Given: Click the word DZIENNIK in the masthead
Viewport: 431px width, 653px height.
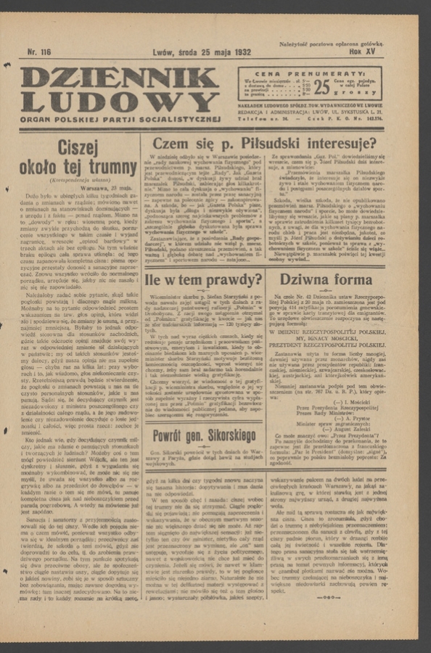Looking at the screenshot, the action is (x=120, y=78).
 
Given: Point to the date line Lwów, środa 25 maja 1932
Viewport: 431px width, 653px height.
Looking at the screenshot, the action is (x=201, y=53).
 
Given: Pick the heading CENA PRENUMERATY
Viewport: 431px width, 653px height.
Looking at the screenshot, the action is (x=310, y=73).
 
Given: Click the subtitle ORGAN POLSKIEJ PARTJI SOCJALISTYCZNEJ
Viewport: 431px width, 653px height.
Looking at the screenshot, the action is (x=120, y=118).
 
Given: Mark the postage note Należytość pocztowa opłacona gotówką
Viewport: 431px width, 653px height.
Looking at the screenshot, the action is (x=331, y=45).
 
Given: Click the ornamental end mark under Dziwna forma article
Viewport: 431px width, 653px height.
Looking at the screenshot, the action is (x=327, y=597).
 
